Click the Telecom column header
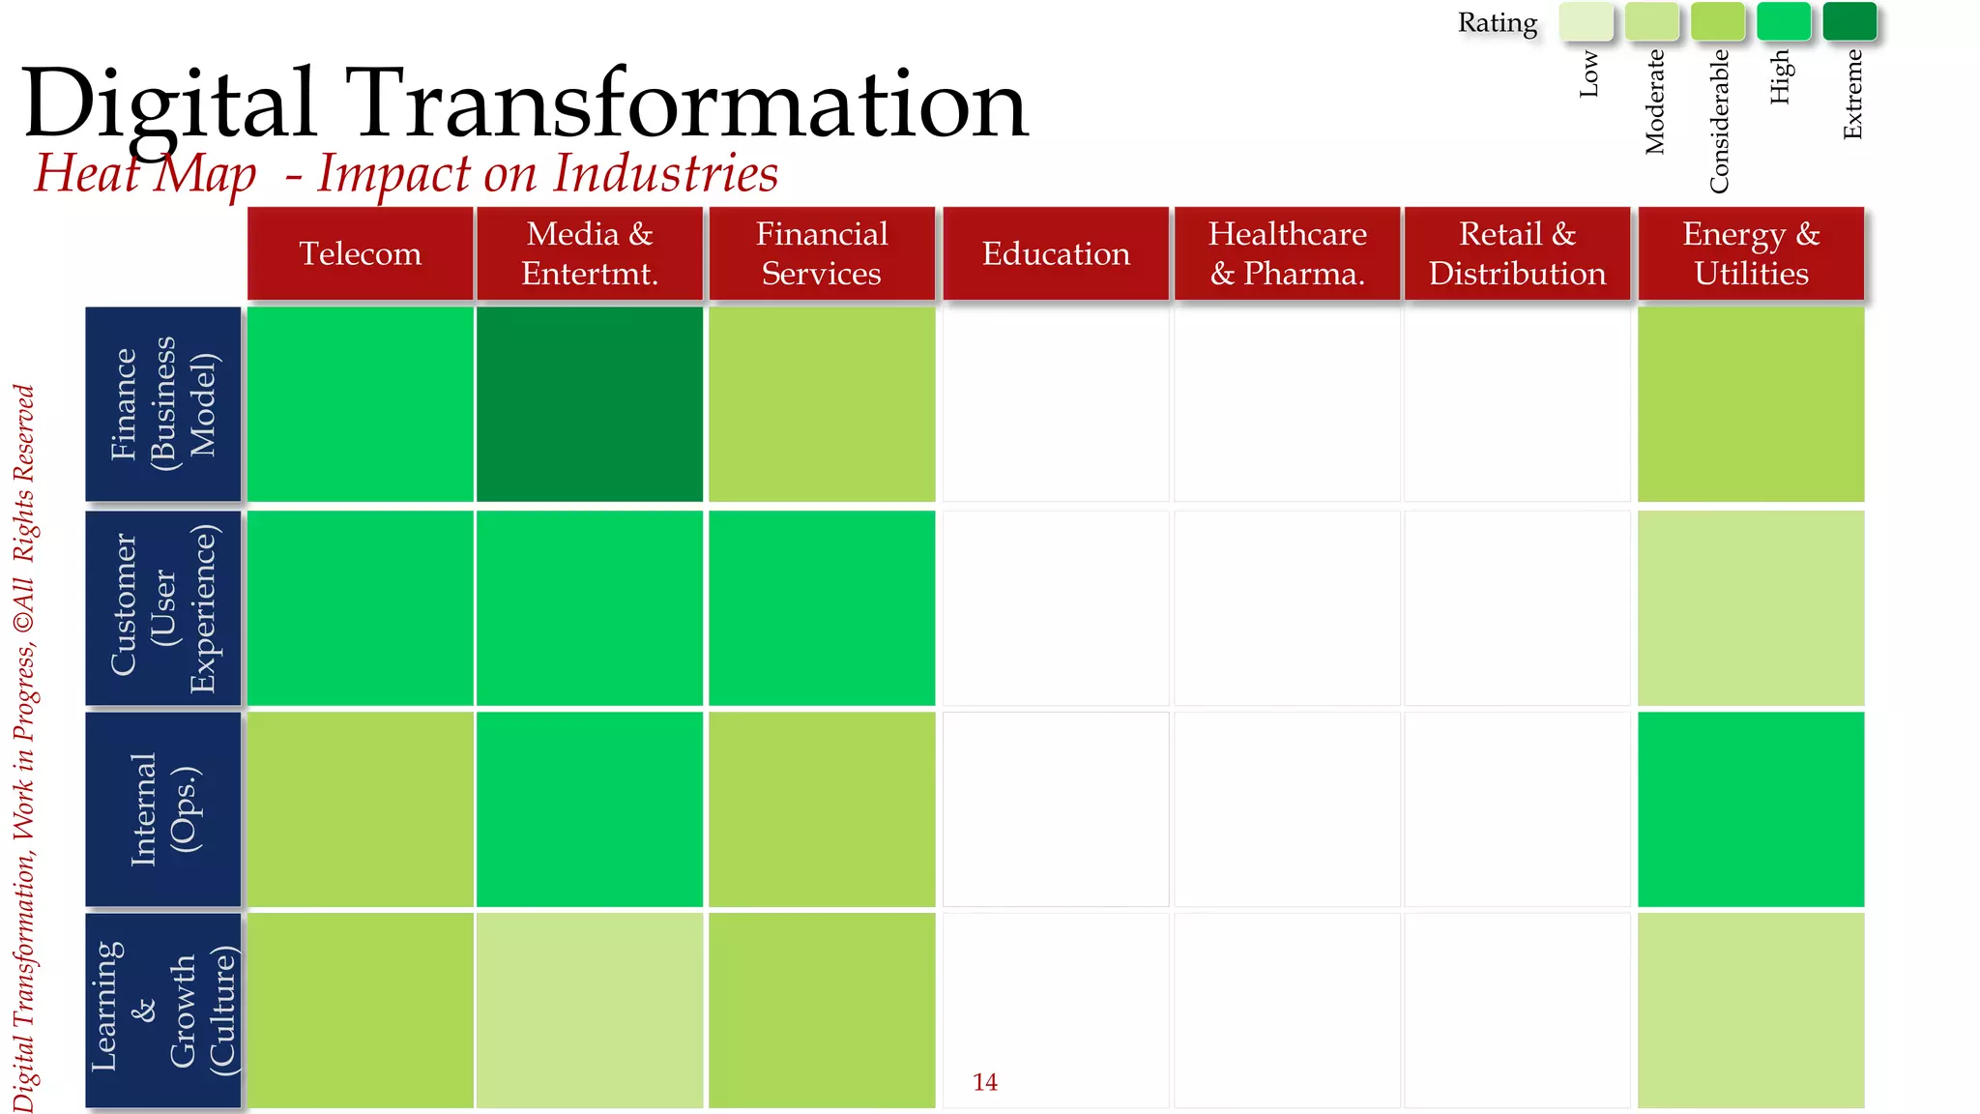tap(360, 253)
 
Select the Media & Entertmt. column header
tap(590, 253)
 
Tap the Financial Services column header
tap(822, 253)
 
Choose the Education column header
tap(1056, 253)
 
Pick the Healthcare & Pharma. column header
tap(1287, 253)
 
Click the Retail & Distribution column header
tap(1517, 253)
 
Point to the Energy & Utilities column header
tap(1751, 253)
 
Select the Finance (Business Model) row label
tap(163, 404)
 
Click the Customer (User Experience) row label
tap(163, 608)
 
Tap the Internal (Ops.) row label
tap(163, 809)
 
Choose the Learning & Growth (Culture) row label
tap(163, 1010)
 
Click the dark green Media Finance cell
tap(590, 404)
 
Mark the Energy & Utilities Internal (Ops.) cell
tap(1751, 809)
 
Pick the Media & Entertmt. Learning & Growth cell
tap(590, 1010)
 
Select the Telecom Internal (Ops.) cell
tap(360, 809)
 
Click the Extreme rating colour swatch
tap(1849, 21)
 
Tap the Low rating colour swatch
tap(1586, 21)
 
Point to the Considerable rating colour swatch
tap(1718, 21)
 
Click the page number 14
tap(985, 1082)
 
